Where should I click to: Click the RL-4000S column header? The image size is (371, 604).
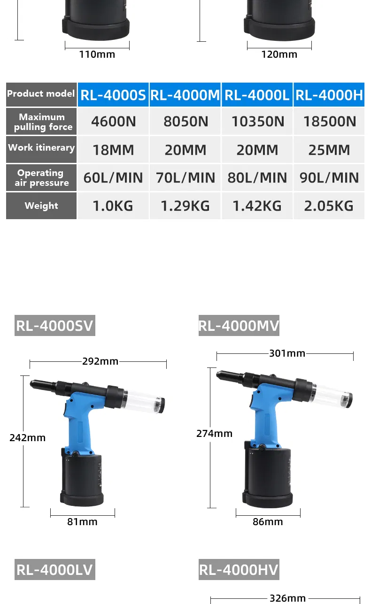(113, 95)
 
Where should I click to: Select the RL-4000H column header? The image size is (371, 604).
(329, 95)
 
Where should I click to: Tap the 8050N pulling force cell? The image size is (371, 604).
(185, 122)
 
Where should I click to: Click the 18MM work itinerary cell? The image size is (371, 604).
(113, 150)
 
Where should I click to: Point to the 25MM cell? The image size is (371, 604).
(329, 150)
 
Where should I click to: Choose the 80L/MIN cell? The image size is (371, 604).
(257, 178)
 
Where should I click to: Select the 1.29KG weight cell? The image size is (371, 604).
(185, 206)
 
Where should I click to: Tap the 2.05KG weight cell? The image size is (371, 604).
(329, 206)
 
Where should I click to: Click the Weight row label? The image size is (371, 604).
(41, 206)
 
